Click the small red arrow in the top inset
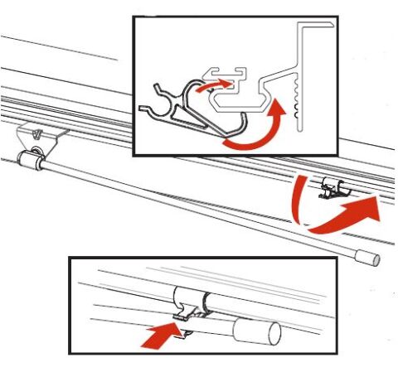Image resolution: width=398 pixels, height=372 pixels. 213,84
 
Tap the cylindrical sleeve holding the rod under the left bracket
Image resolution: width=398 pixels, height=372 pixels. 32,157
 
